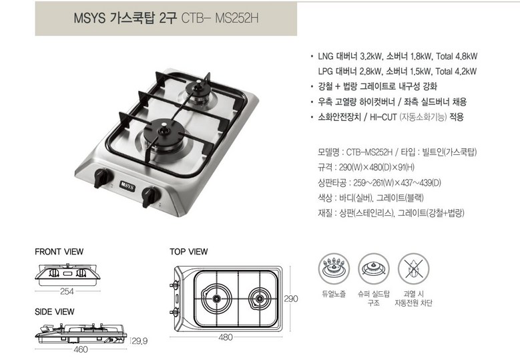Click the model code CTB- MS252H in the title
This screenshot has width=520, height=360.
pyautogui.click(x=220, y=18)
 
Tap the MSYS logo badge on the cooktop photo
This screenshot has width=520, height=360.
pyautogui.click(x=127, y=186)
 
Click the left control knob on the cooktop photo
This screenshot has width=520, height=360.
pyautogui.click(x=102, y=178)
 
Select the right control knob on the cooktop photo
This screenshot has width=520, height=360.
pyautogui.click(x=150, y=197)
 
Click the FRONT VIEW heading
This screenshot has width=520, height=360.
pyautogui.click(x=59, y=252)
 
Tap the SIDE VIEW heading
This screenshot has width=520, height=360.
pyautogui.click(x=54, y=312)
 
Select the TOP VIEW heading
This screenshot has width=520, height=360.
pyautogui.click(x=189, y=252)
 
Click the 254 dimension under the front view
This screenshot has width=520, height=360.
pyautogui.click(x=67, y=291)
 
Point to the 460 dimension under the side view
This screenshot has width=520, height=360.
pyautogui.click(x=81, y=349)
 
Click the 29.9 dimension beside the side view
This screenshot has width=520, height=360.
pyautogui.click(x=140, y=341)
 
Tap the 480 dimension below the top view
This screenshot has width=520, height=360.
pyautogui.click(x=226, y=337)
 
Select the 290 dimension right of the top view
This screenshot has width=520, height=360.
pyautogui.click(x=291, y=299)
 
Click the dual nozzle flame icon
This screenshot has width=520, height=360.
pyautogui.click(x=334, y=269)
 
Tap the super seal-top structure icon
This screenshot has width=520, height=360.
pyautogui.click(x=373, y=269)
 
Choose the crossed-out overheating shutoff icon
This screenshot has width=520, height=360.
pyautogui.click(x=413, y=269)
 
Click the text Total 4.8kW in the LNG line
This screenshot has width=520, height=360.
pyautogui.click(x=457, y=56)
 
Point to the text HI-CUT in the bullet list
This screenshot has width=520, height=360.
pyautogui.click(x=383, y=117)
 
